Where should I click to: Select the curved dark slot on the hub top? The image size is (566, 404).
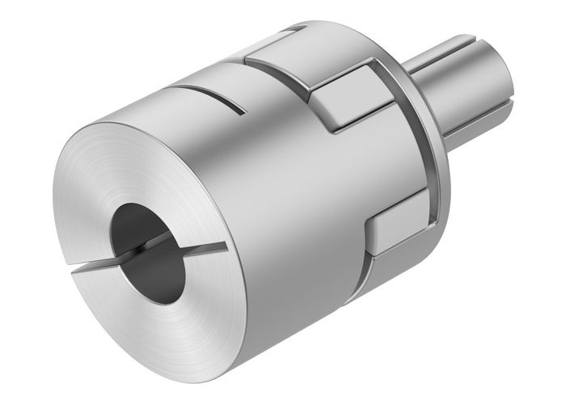click(x=206, y=96)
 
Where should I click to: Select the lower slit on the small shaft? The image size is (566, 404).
click(x=477, y=112)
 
